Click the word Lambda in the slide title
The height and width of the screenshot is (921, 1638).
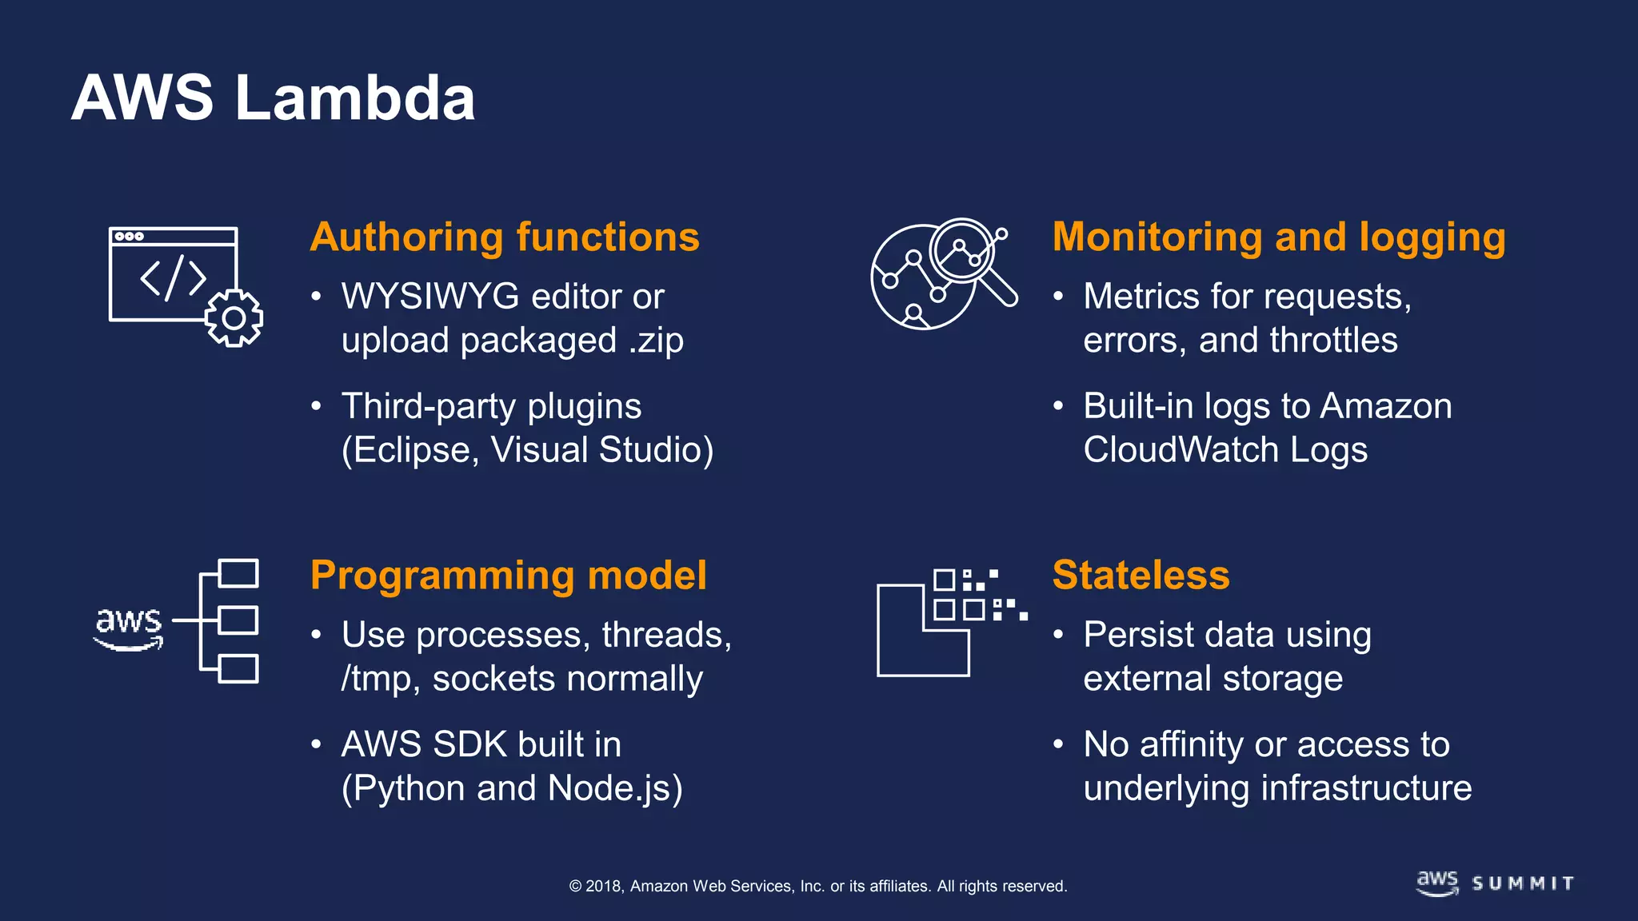click(355, 98)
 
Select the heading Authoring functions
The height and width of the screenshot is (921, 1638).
click(505, 237)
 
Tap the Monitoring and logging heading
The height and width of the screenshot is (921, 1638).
click(1278, 237)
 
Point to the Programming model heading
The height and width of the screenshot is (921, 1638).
click(508, 576)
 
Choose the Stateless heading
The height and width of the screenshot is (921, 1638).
click(1141, 576)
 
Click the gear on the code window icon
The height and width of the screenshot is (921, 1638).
click(234, 318)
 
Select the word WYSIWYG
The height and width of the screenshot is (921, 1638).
click(430, 297)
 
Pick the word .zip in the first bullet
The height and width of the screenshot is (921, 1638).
click(656, 341)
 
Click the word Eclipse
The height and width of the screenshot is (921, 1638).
click(414, 450)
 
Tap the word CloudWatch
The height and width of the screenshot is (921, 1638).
click(1181, 450)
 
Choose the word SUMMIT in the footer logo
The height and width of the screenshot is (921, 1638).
click(1523, 883)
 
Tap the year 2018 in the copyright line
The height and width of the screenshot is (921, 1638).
click(604, 886)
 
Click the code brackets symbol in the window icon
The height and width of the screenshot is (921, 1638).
click(174, 278)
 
